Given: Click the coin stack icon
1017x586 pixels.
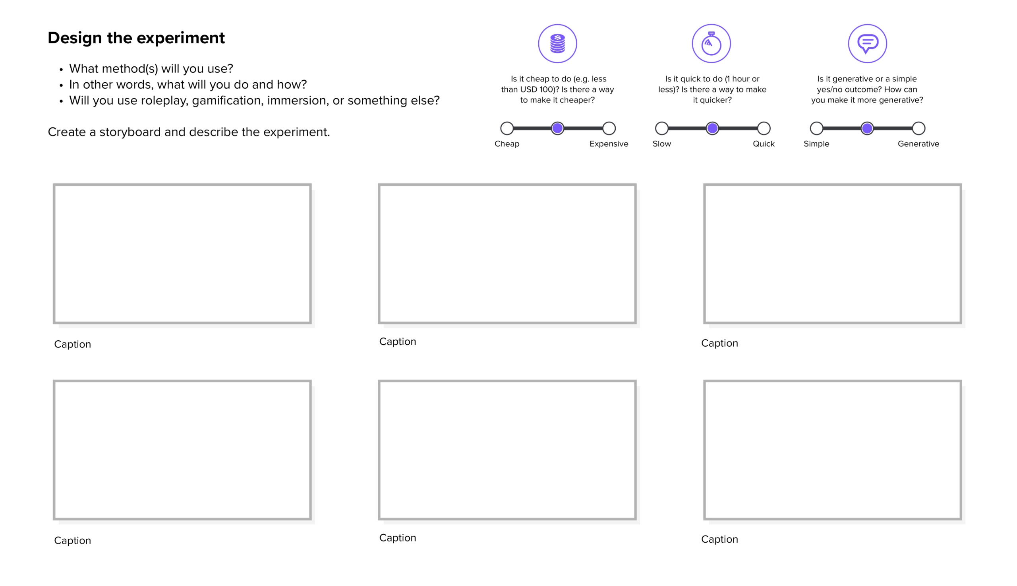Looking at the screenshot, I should coord(557,43).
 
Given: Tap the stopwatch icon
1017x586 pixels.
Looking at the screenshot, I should coord(711,43).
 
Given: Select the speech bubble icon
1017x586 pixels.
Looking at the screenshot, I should coord(867,43).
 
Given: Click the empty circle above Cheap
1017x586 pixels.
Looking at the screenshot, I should coord(507,128).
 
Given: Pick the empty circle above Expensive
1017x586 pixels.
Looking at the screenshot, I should coord(609,128).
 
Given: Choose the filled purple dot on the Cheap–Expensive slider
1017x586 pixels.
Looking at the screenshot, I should coord(557,128).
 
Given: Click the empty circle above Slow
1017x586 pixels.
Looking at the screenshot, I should coord(661,128).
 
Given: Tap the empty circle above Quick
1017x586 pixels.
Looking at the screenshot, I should coord(764,128).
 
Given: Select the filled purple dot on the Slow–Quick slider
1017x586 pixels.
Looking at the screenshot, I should coord(712,128).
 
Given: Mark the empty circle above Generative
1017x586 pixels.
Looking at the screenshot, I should coord(918,128).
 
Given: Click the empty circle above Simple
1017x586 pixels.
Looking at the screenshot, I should coord(816,128).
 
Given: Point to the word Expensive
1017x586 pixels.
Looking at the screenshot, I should coord(609,144).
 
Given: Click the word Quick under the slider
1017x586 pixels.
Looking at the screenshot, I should coord(763,144).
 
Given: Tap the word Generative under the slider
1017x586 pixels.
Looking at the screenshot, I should coord(918,144).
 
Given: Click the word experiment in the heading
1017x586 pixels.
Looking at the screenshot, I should coord(181,38).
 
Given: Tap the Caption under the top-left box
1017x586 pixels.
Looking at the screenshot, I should coord(72,344).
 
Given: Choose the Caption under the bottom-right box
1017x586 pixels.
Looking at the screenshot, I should coord(719,539).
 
